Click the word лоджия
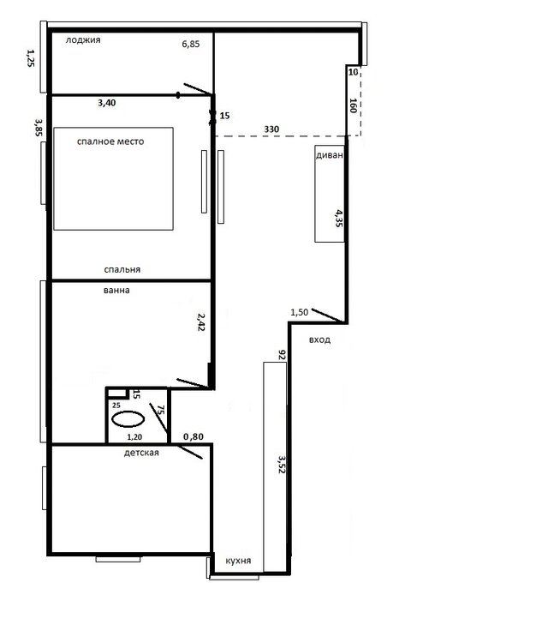[83, 40]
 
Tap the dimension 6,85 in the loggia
[191, 44]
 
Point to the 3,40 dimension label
[106, 103]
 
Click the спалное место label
[110, 141]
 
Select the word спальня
[122, 269]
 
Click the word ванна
[116, 291]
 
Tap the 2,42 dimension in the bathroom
[200, 321]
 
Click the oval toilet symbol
[128, 419]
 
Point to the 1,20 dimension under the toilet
[134, 437]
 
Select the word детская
[141, 453]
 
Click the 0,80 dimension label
[194, 436]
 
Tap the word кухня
[238, 561]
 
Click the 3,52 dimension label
[281, 464]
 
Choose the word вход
[319, 340]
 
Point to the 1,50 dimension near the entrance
[299, 312]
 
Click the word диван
[330, 155]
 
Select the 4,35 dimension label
[339, 218]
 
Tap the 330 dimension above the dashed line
[271, 129]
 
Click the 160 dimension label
[354, 105]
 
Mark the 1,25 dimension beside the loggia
[31, 58]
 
